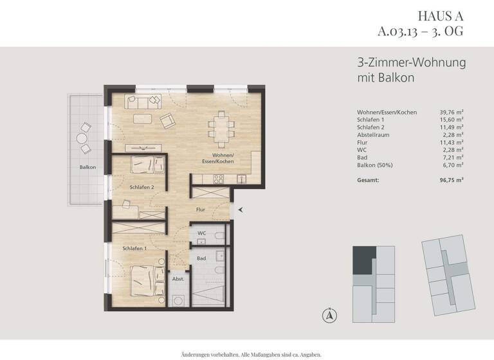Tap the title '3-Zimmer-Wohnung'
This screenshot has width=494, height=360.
[411, 64]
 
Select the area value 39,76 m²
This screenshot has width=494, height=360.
[450, 113]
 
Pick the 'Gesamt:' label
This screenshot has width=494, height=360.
[368, 181]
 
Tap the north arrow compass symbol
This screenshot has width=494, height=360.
[329, 315]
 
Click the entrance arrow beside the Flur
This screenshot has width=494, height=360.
[241, 209]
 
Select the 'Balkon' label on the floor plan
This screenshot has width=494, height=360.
[88, 168]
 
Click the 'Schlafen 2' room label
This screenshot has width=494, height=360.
[141, 187]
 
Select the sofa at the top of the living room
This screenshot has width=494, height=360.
[145, 101]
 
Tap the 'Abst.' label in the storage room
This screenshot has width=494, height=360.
[178, 280]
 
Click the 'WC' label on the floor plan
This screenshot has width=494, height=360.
[201, 233]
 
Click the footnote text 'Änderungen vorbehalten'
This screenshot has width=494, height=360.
[213, 354]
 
